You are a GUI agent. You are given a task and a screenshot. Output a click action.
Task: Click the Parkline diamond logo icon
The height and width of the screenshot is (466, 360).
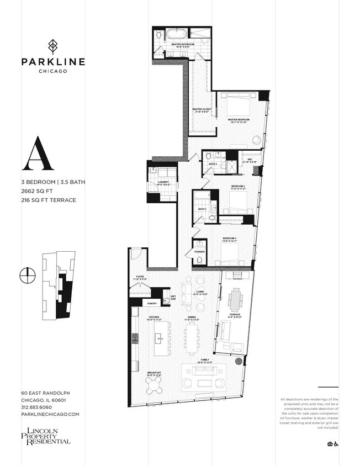(53, 45)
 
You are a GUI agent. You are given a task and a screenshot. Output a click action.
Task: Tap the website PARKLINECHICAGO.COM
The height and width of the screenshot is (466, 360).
(50, 414)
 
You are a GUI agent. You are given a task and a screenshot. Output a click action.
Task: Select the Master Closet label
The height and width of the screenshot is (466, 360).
(202, 110)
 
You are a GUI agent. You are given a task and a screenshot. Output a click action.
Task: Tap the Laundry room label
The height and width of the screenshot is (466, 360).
(163, 183)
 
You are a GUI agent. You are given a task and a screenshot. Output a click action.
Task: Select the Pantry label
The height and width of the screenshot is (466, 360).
(152, 303)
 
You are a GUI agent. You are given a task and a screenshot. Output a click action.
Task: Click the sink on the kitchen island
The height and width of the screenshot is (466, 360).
(162, 337)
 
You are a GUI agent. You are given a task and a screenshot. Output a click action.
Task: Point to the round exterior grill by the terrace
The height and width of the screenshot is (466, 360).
(239, 362)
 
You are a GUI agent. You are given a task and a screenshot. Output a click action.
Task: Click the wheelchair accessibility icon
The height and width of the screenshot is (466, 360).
(335, 443)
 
